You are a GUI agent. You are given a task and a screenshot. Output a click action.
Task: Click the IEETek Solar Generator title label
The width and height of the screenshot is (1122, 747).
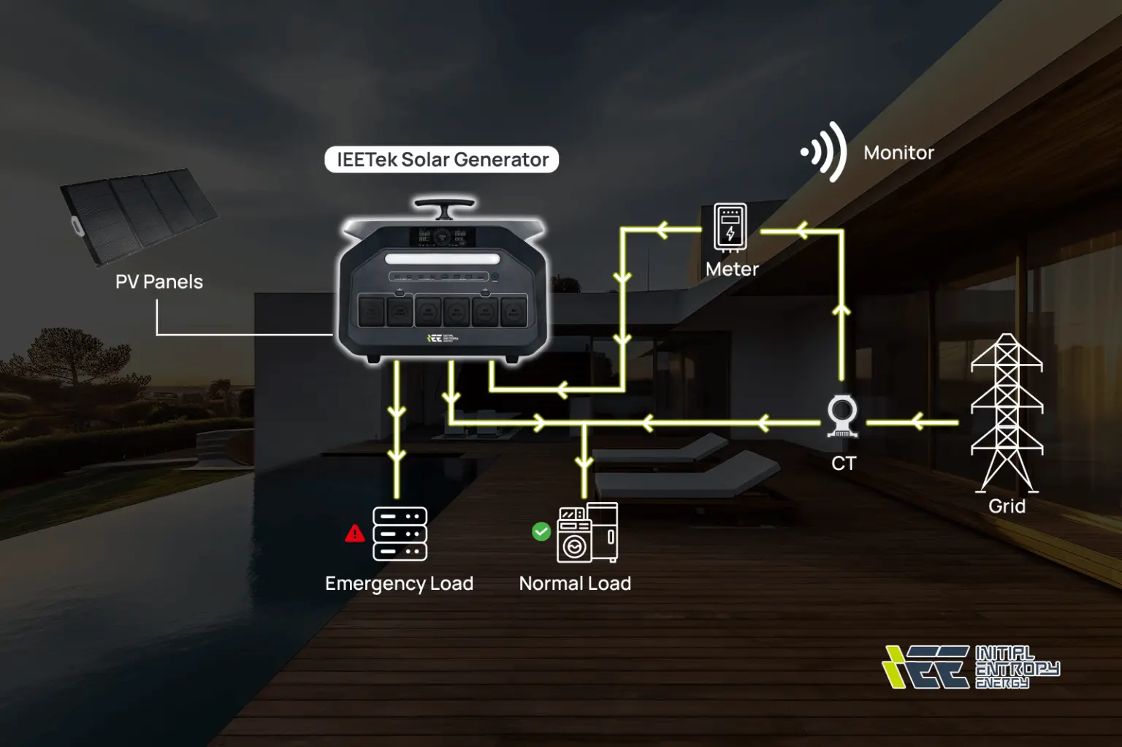coord(442,159)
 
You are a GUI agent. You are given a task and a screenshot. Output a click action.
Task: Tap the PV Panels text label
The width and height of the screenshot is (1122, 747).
coord(159,281)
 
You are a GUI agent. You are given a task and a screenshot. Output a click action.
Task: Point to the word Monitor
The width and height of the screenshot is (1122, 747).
coord(898,153)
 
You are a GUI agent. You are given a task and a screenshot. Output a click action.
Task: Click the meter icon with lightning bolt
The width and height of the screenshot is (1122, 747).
coord(730,227)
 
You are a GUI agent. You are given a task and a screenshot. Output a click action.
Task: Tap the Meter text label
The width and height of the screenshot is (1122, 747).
coord(732,269)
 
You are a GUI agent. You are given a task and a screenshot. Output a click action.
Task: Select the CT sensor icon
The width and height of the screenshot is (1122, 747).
coord(842,416)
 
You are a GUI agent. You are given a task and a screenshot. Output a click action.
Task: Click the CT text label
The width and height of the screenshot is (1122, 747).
coord(843,463)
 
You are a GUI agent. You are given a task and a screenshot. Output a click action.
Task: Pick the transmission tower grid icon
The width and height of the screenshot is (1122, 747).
coord(1007,413)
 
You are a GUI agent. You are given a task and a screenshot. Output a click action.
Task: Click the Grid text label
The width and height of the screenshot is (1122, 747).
coord(1007,506)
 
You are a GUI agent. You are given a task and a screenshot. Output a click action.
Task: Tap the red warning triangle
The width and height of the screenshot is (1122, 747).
coord(355,534)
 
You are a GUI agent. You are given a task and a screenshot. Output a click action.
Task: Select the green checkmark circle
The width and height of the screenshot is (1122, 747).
coord(541,531)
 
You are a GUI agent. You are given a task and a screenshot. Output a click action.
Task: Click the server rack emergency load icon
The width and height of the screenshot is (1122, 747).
coord(400,534)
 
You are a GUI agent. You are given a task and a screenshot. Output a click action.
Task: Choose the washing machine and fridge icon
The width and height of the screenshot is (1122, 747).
coord(587,533)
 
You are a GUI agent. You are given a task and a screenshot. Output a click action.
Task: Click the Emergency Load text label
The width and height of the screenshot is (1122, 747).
coord(399,583)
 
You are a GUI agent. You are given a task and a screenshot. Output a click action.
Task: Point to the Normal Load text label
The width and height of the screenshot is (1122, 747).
coord(575,583)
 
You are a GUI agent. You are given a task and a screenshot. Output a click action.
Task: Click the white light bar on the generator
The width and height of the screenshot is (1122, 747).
coord(443,259)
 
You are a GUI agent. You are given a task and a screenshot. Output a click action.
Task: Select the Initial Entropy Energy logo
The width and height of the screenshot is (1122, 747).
coord(971,667)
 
